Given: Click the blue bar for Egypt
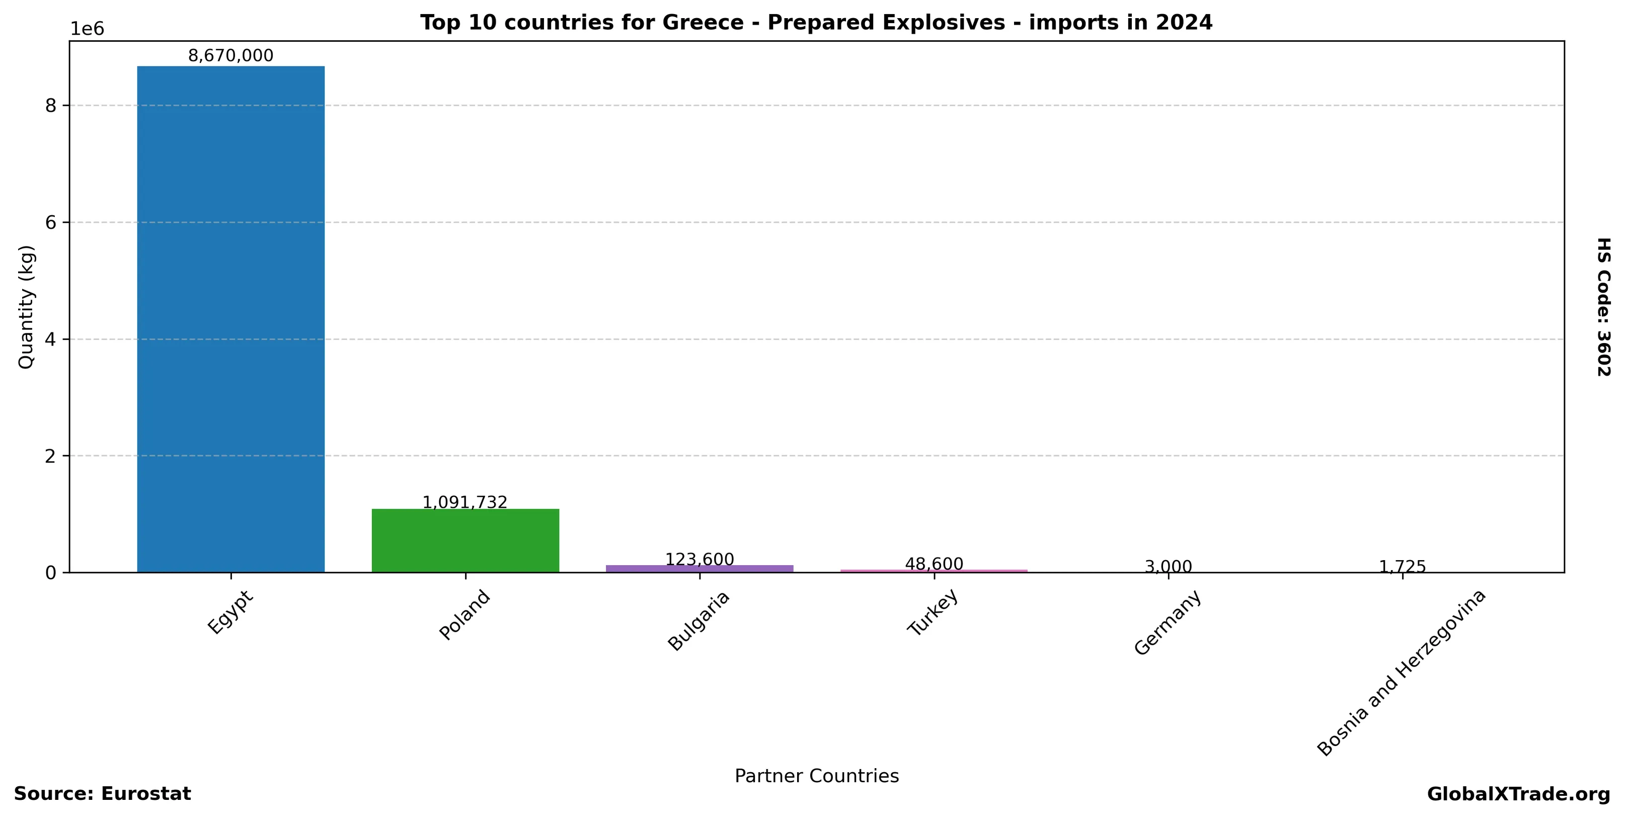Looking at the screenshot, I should pos(231,319).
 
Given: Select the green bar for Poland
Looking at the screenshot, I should pos(465,540).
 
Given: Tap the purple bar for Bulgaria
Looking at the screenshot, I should pos(699,569).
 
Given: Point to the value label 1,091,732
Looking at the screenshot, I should pos(465,502).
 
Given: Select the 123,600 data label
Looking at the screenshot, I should pos(700,559).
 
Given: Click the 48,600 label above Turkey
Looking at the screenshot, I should pos(934,564).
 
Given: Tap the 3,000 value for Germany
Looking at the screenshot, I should pos(1168,567).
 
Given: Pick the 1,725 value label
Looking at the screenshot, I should pos(1403,567).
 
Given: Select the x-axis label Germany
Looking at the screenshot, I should pos(1168,623).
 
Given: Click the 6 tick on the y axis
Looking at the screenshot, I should pos(51,222).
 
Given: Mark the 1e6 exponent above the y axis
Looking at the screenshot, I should pos(87,29).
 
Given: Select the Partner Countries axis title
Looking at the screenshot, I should pos(817,776).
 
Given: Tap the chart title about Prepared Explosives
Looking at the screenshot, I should pos(816,23).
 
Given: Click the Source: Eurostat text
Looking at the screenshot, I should pos(102,794).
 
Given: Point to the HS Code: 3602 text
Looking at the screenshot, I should pos(1603,307).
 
